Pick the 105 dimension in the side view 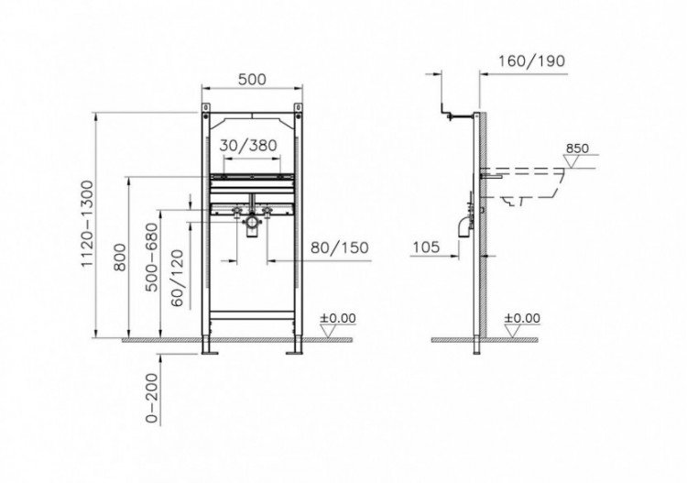tap(426, 246)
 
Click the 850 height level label tap(576, 148)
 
